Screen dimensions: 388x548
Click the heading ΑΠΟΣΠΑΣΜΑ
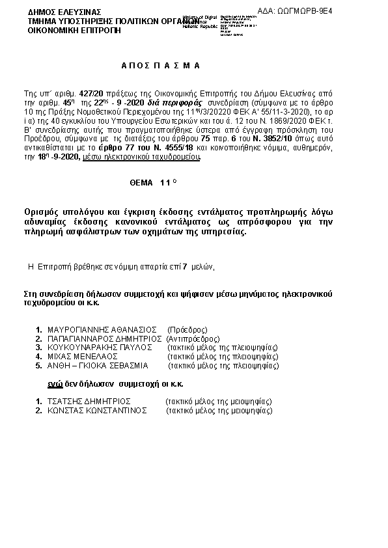pyautogui.click(x=161, y=66)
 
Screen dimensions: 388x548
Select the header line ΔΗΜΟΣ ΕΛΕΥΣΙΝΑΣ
pyautogui.click(x=55, y=12)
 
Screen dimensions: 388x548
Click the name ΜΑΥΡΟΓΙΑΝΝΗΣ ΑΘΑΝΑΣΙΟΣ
pyautogui.click(x=103, y=329)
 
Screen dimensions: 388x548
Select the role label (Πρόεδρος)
pyautogui.click(x=187, y=329)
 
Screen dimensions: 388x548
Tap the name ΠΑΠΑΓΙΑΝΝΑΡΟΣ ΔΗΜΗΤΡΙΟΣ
pyautogui.click(x=105, y=338)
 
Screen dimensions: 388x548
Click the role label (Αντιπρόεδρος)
pyautogui.click(x=193, y=338)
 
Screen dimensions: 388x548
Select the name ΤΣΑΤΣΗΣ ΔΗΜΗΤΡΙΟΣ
pyautogui.click(x=90, y=402)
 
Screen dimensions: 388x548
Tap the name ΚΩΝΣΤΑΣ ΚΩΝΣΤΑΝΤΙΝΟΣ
pyautogui.click(x=97, y=411)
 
